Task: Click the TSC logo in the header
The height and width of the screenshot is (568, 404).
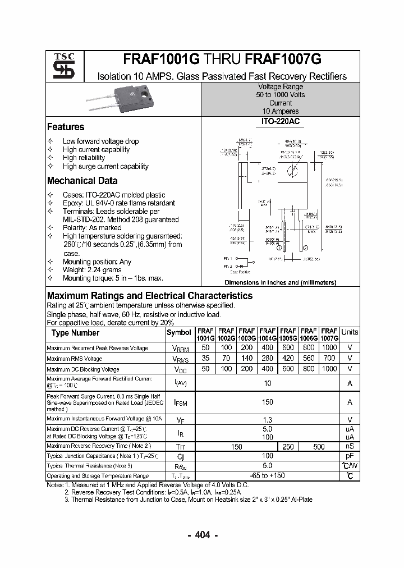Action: pos(60,66)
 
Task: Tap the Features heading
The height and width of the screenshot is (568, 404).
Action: pos(66,127)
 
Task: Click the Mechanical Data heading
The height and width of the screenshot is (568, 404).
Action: pos(82,181)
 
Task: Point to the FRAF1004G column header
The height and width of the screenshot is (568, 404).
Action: pos(268,335)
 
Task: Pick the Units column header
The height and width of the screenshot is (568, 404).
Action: pos(350,332)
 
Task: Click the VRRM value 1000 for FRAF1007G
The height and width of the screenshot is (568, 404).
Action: pos(329,348)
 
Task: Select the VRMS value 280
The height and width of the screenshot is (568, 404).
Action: pos(268,358)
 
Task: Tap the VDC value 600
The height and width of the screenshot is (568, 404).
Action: pos(288,369)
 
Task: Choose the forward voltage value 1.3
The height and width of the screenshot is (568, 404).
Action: pos(268,420)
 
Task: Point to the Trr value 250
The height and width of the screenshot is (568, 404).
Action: pos(288,446)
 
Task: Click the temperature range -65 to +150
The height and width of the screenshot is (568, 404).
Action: pos(268,476)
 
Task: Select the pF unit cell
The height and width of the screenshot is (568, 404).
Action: pos(350,456)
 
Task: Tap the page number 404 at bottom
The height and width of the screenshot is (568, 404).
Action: pos(203,535)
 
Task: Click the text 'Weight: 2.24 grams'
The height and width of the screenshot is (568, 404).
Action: pos(93,270)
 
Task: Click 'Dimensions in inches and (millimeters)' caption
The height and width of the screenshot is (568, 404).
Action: pos(280,283)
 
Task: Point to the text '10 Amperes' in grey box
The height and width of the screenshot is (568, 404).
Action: pos(281,112)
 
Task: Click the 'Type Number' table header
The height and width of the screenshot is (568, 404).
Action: pos(75,333)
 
